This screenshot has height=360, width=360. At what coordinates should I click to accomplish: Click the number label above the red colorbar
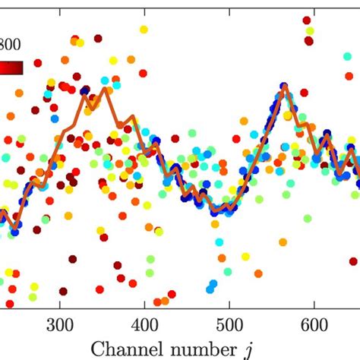(11, 44)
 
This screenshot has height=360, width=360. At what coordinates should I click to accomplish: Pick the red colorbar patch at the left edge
(11, 68)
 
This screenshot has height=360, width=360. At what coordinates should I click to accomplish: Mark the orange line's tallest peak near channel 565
(284, 87)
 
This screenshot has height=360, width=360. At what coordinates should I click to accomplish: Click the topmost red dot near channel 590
(307, 21)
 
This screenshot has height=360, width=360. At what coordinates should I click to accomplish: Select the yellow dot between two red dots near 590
(308, 31)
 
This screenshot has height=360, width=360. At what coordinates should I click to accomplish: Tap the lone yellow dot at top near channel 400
(144, 29)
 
